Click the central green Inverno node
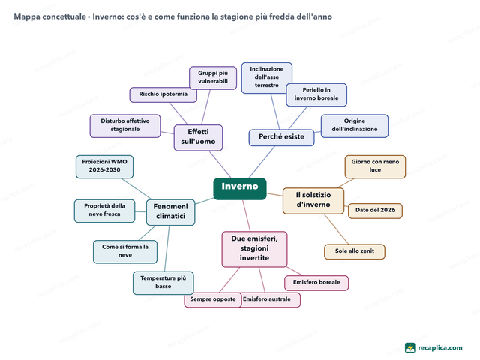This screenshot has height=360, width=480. coord(240,188)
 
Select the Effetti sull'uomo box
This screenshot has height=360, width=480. coord(198,137)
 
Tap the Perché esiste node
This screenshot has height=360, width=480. coord(281,137)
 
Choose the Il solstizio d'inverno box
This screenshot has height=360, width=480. coord(313,201)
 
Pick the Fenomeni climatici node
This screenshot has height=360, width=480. coord(170,212)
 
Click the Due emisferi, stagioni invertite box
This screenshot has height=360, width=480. coord(254,249)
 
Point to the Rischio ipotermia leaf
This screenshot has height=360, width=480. coord(163,94)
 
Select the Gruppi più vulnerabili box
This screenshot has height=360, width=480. coord(213,78)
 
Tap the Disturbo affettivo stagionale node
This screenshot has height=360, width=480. coord(125,126)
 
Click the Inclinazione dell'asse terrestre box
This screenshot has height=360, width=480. coord(267,78)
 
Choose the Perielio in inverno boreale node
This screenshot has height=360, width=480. coord(316,94)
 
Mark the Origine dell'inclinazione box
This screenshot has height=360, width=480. coord(355,126)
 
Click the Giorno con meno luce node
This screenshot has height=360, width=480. coord(375,166)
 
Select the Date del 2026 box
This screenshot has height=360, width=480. coord(375,211)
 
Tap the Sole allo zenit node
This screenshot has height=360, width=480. coord(355,251)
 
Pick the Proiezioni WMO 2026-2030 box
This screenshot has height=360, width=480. coord(104,166)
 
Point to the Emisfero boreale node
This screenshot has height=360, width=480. coord(316,283)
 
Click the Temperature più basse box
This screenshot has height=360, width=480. coord(163,283)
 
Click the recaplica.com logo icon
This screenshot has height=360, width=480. coord(410,347)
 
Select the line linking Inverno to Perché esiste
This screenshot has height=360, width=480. coord(262,162)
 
